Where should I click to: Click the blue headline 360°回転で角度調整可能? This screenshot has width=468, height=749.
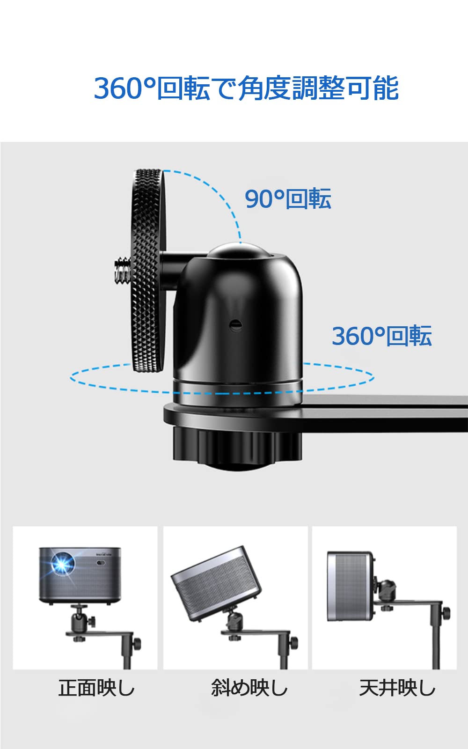pyautogui.click(x=246, y=88)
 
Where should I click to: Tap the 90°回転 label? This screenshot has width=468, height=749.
pyautogui.click(x=288, y=198)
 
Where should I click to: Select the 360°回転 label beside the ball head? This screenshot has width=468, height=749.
pyautogui.click(x=382, y=336)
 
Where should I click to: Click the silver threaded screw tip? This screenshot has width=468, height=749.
pyautogui.click(x=123, y=270)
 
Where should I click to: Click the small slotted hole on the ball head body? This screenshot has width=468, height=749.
pyautogui.click(x=236, y=325)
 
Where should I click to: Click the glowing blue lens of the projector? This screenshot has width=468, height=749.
pyautogui.click(x=62, y=564)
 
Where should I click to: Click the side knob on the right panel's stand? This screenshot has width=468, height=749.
pyautogui.click(x=446, y=611)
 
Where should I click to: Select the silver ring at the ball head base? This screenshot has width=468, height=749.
pyautogui.click(x=238, y=389)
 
